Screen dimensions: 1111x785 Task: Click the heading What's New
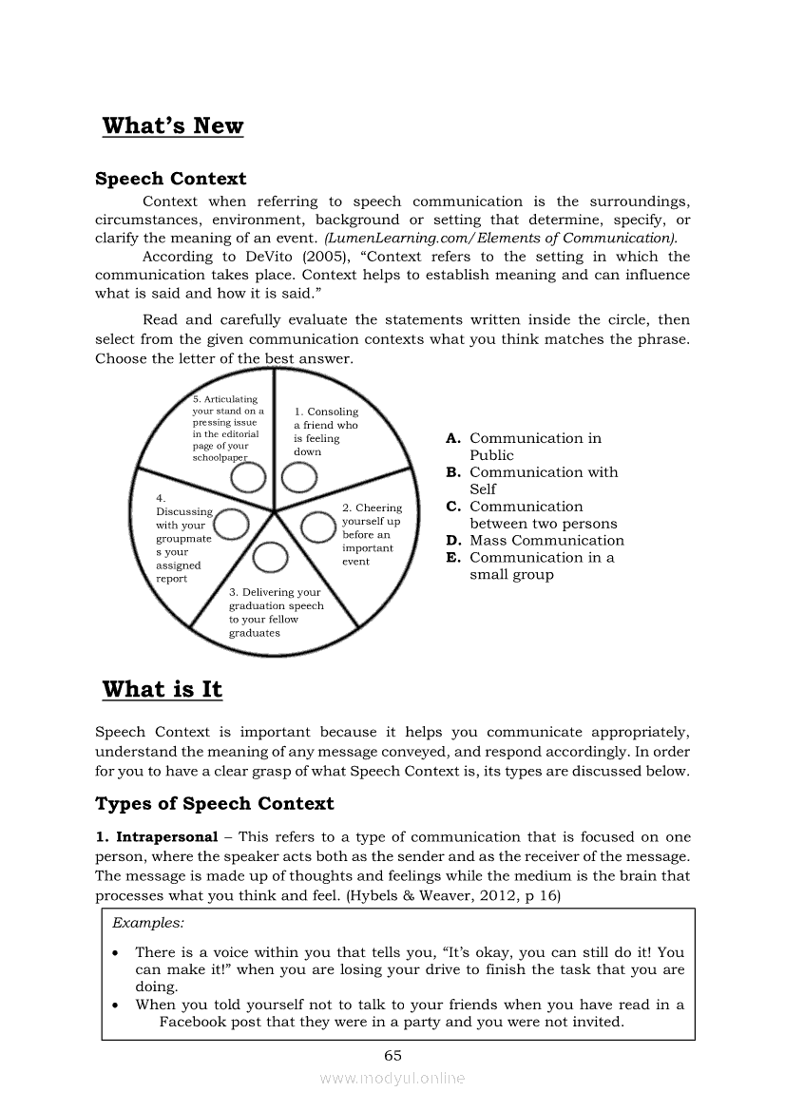pos(172,126)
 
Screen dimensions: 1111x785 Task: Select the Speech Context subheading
pos(170,179)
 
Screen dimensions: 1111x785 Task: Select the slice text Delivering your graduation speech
pos(276,612)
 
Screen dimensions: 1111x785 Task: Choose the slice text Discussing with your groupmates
pos(183,538)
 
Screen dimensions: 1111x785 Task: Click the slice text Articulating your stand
pos(227,428)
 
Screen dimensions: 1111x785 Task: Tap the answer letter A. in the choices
pos(453,438)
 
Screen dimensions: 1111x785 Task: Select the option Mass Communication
pos(546,541)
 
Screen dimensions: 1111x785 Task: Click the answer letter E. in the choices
pos(453,558)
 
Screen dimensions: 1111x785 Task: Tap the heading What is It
pos(162,690)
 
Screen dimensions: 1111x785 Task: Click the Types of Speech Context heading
pos(215,804)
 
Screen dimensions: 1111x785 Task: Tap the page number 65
pos(392,1055)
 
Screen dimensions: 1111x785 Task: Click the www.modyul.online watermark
pos(392,1078)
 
